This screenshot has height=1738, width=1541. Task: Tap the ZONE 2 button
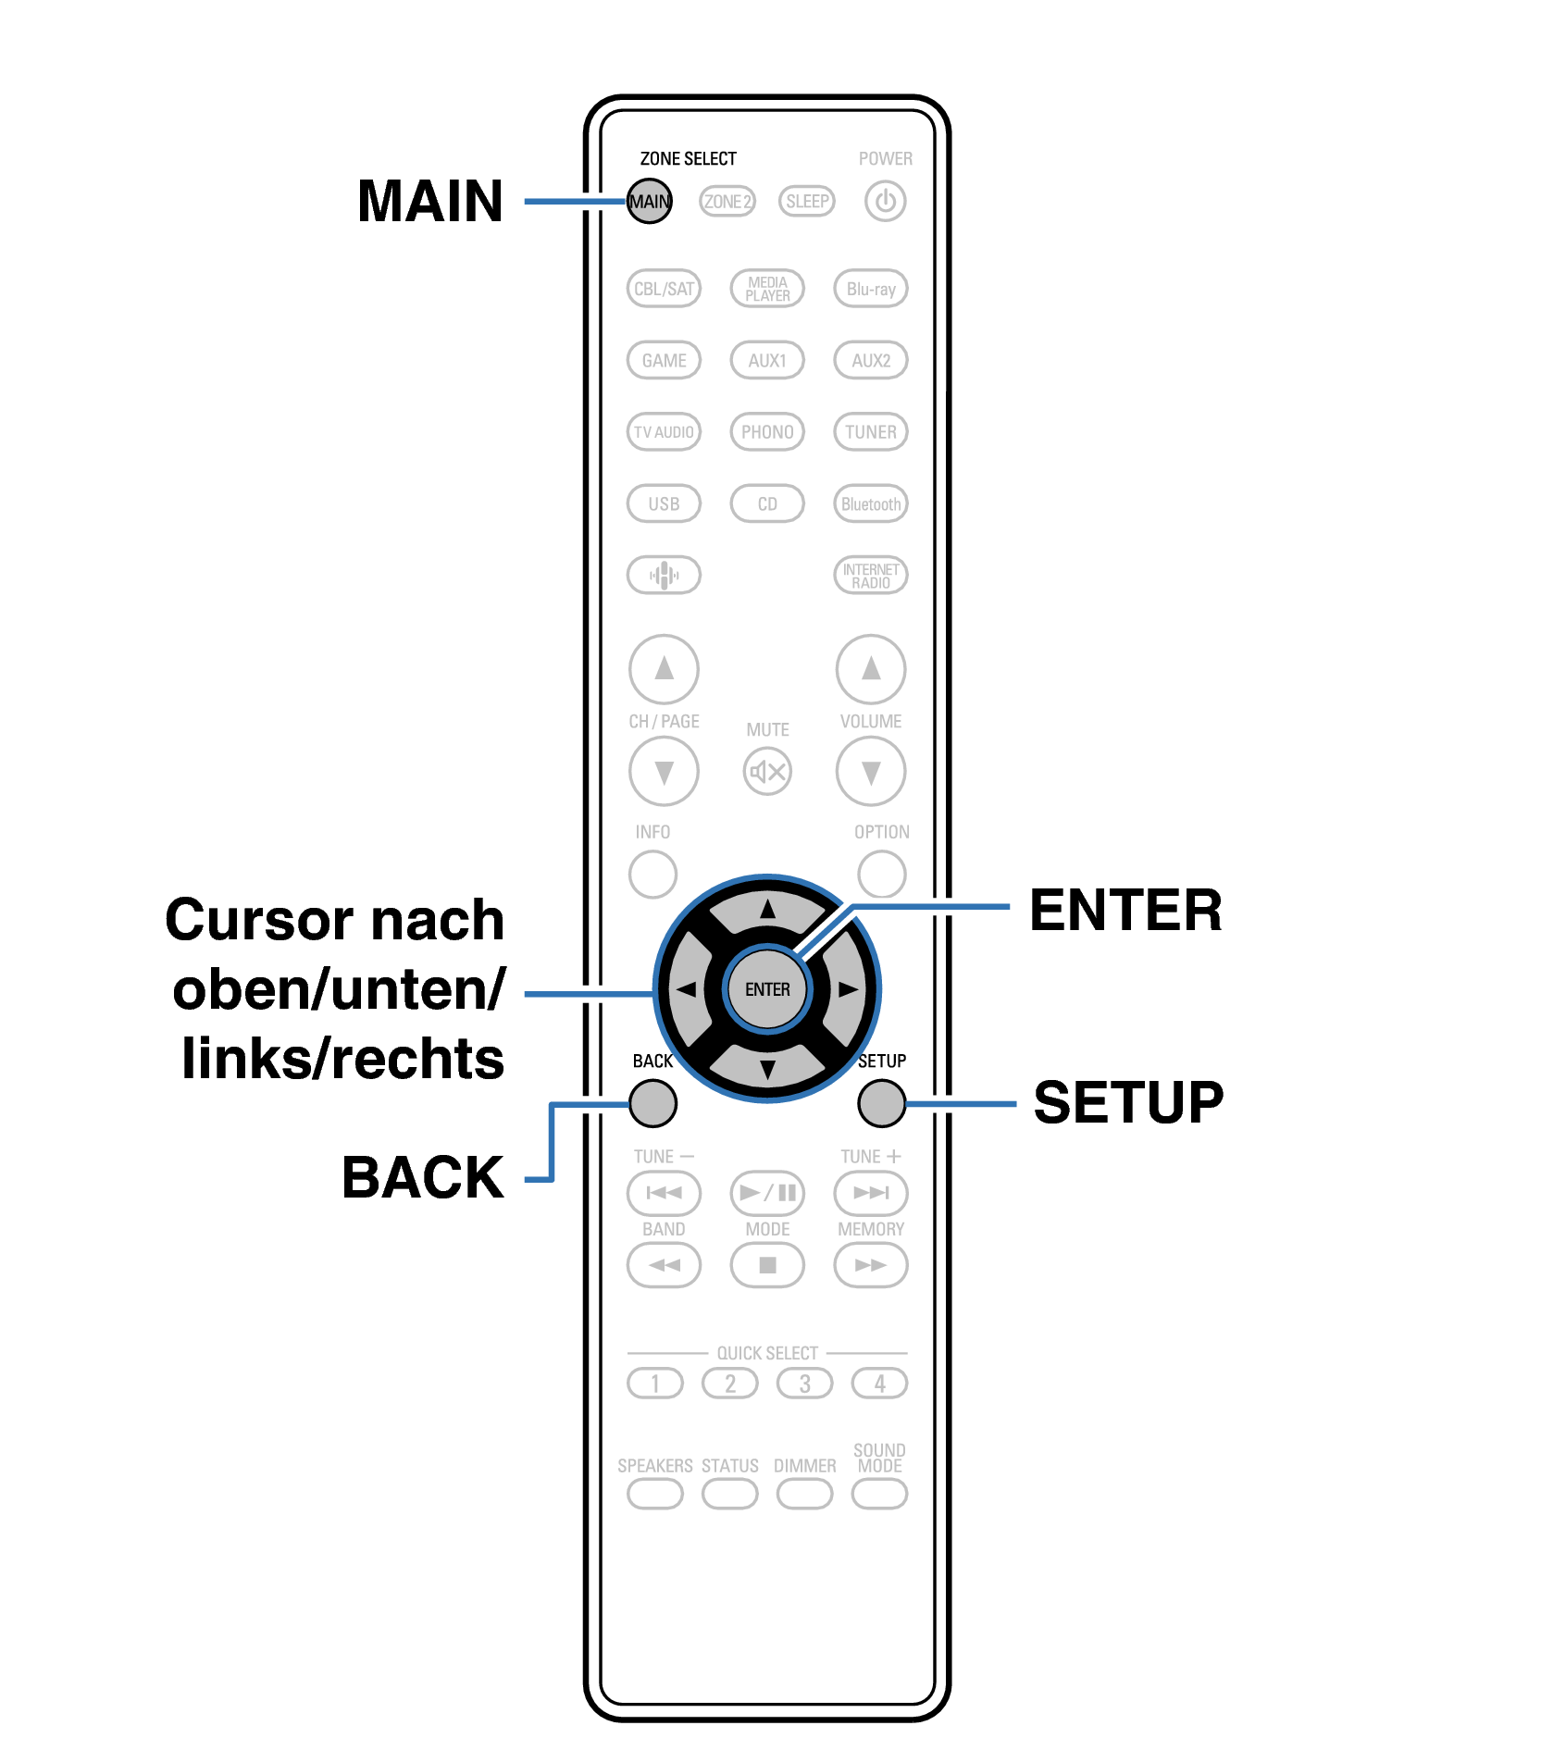(x=727, y=201)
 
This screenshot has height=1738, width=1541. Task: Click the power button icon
(x=885, y=201)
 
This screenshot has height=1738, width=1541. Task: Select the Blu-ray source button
(x=870, y=289)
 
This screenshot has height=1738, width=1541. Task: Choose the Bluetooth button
(x=870, y=504)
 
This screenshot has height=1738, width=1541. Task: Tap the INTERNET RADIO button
(x=870, y=576)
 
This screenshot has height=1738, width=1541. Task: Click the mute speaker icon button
(x=767, y=771)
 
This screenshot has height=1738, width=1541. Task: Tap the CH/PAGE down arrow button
(x=664, y=771)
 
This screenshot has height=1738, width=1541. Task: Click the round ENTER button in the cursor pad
(x=767, y=989)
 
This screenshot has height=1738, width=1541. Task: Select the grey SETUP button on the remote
(x=881, y=1103)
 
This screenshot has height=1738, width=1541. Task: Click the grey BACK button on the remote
(x=652, y=1103)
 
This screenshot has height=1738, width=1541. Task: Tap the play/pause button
(x=767, y=1193)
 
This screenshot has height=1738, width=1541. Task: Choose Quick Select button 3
(x=804, y=1384)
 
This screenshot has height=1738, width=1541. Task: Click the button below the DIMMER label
(x=804, y=1493)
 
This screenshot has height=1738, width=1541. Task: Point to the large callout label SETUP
(x=1128, y=1102)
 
